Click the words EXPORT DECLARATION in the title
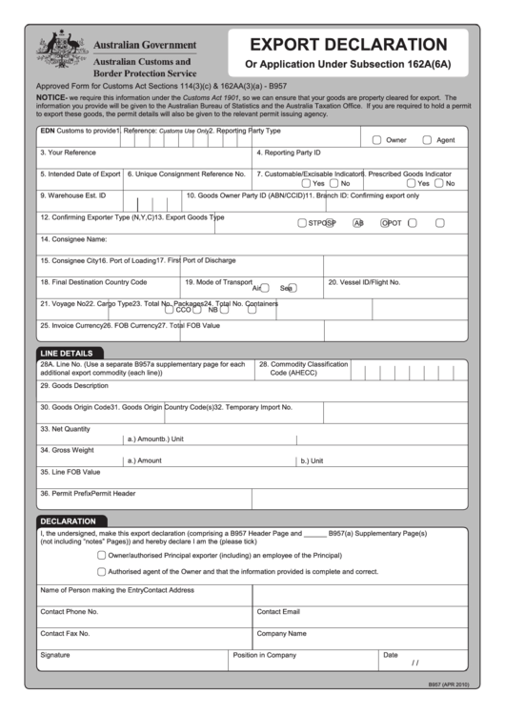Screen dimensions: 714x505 point(348,45)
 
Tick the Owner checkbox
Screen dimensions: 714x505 point(377,140)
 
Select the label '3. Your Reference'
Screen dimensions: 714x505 point(68,153)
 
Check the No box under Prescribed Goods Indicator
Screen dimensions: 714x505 point(438,183)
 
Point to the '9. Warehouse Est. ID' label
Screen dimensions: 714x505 point(72,195)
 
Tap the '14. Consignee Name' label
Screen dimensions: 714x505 point(73,239)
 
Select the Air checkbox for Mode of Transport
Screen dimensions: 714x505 point(265,287)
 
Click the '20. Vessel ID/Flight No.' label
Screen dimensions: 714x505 point(364,282)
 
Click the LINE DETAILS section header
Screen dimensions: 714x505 point(67,353)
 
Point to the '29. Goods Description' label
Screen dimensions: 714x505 point(74,386)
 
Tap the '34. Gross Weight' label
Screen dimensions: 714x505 point(67,450)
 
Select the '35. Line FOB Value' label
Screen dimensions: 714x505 point(70,471)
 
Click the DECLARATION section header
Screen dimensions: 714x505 point(68,521)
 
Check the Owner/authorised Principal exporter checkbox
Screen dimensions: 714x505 point(102,555)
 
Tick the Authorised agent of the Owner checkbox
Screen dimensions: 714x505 point(102,572)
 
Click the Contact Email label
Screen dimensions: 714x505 point(278,611)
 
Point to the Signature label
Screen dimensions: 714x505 point(55,655)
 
